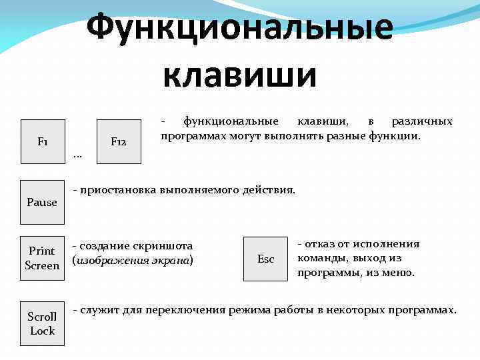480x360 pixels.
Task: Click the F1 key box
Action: pyautogui.click(x=43, y=141)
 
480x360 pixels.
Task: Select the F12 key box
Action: pyautogui.click(x=119, y=141)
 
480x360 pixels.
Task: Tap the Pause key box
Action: pyautogui.click(x=43, y=202)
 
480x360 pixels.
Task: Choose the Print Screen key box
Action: pyautogui.click(x=43, y=258)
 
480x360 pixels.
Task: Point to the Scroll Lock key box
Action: pyautogui.click(x=43, y=323)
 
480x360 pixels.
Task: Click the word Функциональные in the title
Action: pyautogui.click(x=239, y=27)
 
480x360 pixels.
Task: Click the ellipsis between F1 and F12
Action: pyautogui.click(x=77, y=156)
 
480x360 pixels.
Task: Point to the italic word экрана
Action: pyautogui.click(x=171, y=260)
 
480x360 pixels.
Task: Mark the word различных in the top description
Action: pyautogui.click(x=421, y=121)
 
